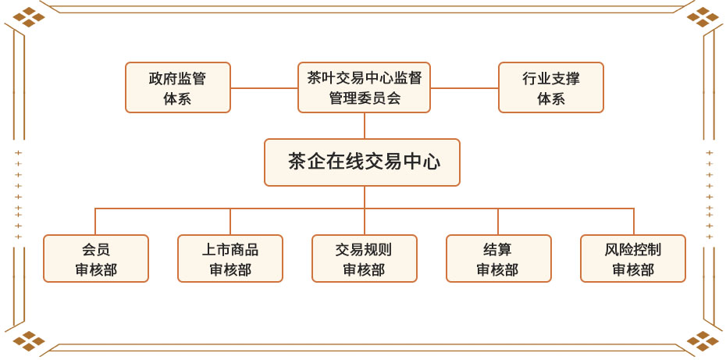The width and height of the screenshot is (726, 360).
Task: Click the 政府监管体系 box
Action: [178, 87]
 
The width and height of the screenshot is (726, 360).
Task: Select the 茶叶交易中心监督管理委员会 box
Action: [364, 87]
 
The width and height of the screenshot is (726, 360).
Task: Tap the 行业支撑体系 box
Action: [551, 87]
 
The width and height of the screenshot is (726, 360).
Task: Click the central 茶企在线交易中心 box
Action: [362, 162]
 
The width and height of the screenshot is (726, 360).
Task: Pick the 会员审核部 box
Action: [96, 258]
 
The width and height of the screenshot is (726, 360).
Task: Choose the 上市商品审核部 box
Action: [230, 258]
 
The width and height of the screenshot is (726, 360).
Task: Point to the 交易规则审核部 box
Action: [365, 258]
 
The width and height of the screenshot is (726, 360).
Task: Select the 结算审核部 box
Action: [499, 258]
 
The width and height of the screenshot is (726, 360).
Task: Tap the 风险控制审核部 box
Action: [633, 258]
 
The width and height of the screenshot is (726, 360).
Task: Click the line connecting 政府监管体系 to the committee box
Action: [264, 88]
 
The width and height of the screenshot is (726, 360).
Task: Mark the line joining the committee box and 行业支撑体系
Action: [464, 88]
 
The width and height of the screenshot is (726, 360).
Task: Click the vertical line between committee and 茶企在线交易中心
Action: [365, 126]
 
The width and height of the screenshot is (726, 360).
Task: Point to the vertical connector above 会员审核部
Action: [95, 222]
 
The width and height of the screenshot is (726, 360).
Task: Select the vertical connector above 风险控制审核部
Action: [633, 222]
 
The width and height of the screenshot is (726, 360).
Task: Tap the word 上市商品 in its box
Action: [230, 250]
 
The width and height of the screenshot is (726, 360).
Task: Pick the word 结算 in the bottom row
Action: [498, 250]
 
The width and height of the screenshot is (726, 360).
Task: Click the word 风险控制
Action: [633, 250]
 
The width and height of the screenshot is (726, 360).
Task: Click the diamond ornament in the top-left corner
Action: [29, 17]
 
